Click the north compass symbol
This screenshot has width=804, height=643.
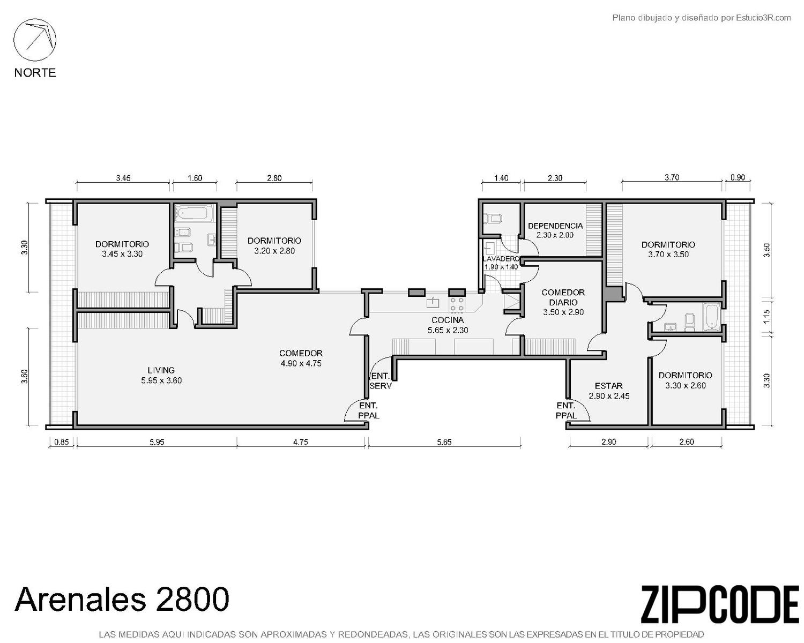(x=35, y=40)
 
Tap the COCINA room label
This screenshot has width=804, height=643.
(x=447, y=320)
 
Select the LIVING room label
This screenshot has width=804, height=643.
(x=161, y=370)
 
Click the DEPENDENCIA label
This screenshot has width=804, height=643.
(x=555, y=226)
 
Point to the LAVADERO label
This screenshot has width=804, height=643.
(x=501, y=259)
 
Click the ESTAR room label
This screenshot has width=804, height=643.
(x=608, y=386)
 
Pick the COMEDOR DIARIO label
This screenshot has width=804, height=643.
(x=563, y=297)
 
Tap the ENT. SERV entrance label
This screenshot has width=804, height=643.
(x=381, y=381)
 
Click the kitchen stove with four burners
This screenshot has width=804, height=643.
(x=457, y=304)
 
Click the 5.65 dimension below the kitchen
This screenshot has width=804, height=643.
(x=444, y=443)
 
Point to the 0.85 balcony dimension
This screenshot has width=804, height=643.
(x=62, y=443)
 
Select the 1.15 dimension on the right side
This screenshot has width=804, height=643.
(x=766, y=317)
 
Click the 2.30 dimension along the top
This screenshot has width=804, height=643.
(x=555, y=178)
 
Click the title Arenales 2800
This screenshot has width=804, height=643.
(x=122, y=599)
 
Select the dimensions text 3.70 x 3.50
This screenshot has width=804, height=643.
(x=668, y=255)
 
